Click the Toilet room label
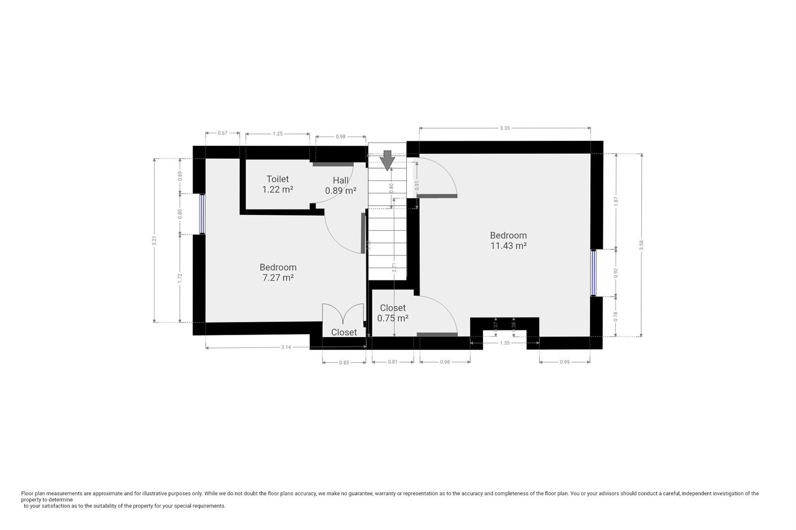tap(278, 179)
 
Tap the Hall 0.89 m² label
tap(341, 185)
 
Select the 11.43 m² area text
tap(509, 246)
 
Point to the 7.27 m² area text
tap(278, 278)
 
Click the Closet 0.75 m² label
tap(393, 313)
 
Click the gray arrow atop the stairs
tap(387, 160)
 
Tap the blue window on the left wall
tap(202, 214)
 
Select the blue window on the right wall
tap(593, 273)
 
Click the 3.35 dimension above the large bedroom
tap(505, 128)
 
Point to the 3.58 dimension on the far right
tap(641, 245)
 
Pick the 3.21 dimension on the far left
tap(154, 240)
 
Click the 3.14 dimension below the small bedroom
tap(286, 347)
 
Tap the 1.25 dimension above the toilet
tap(278, 133)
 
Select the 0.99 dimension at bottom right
tap(565, 362)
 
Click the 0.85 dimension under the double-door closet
tap(344, 363)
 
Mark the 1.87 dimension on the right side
tap(616, 201)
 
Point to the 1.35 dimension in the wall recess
tap(505, 343)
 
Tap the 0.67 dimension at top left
tap(223, 133)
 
